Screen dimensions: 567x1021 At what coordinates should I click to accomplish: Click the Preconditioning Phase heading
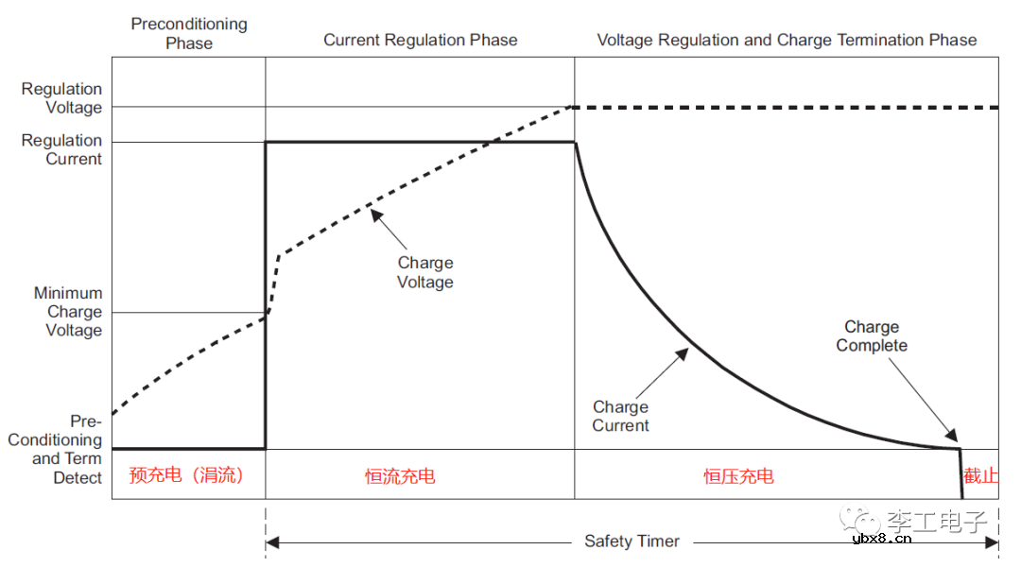coord(189,33)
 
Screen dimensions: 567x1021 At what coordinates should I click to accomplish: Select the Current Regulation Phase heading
coord(421,40)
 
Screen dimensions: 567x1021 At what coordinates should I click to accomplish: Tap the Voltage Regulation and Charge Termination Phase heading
coord(787,40)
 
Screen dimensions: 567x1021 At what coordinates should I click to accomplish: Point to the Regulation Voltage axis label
coord(62,98)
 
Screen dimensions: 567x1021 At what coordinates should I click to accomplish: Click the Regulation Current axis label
coord(62,149)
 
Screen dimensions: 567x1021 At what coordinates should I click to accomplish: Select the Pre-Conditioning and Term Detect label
coord(57,450)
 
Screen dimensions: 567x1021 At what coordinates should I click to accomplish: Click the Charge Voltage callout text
coord(425,272)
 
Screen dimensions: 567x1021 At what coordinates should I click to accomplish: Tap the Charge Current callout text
coord(621,416)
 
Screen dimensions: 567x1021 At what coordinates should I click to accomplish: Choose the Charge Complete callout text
coord(872,336)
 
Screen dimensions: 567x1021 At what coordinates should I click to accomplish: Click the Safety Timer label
coord(632,541)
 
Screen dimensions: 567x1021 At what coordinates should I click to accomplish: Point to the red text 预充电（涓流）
coord(186,474)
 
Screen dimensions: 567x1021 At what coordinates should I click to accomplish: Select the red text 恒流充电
coord(400,475)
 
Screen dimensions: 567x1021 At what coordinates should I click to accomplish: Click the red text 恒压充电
coord(738,475)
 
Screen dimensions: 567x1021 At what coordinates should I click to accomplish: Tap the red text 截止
coord(980,475)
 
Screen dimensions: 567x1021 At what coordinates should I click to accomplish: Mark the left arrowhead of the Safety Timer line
coord(272,541)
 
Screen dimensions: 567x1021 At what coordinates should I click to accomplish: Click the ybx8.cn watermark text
coord(882,539)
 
